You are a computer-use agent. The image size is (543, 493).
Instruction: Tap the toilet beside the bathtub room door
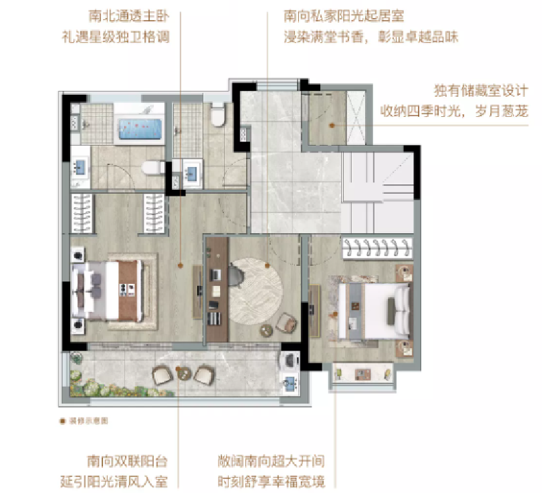[153, 166]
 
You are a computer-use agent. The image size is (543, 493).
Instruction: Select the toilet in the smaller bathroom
[216, 117]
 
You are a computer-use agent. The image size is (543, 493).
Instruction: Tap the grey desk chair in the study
[235, 274]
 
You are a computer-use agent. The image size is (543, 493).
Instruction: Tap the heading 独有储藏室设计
[481, 90]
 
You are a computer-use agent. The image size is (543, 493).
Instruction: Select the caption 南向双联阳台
[126, 461]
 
